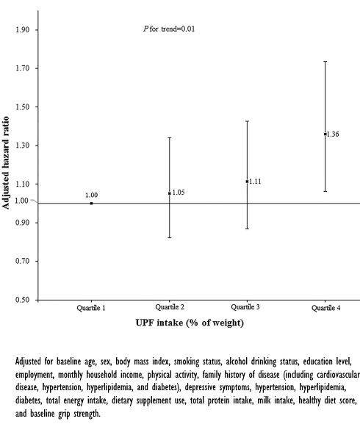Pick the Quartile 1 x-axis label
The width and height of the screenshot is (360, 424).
point(91,307)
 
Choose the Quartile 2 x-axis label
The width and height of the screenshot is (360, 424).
point(170,307)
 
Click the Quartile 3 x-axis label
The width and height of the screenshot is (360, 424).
point(247,306)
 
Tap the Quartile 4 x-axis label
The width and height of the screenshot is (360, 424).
point(325,307)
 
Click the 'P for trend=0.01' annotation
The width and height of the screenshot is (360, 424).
point(168,29)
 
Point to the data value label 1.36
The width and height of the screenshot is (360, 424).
point(331,134)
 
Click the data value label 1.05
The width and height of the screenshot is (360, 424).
point(178,193)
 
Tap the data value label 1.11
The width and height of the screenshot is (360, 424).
point(255,181)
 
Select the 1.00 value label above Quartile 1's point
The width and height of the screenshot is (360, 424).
point(91,195)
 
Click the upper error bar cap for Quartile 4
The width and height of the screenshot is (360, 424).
point(325,61)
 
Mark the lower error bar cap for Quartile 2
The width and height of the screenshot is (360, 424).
point(169,237)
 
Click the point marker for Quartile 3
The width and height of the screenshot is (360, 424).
point(247,181)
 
